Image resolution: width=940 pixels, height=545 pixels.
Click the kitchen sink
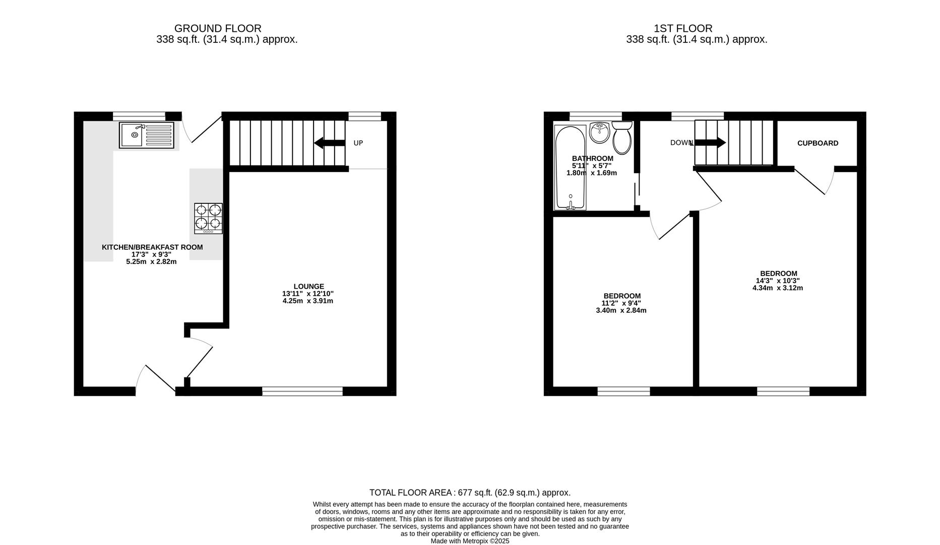(x=146, y=135)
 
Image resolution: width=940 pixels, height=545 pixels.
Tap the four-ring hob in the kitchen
(x=208, y=218)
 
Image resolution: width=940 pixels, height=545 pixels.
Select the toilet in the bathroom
(x=622, y=138)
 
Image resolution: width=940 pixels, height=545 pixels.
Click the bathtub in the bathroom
(x=570, y=167)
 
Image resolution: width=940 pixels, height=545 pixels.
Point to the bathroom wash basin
(x=599, y=133)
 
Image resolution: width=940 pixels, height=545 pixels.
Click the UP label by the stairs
(x=358, y=143)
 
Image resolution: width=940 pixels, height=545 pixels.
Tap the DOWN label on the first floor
(x=681, y=143)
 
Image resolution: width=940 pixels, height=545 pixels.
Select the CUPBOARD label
(x=818, y=143)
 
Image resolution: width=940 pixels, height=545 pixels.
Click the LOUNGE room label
(x=308, y=286)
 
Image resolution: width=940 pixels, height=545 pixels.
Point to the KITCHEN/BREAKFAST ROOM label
(x=152, y=247)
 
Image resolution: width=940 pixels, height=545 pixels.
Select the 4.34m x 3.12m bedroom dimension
(x=777, y=288)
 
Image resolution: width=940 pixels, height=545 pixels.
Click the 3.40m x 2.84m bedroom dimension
(x=621, y=310)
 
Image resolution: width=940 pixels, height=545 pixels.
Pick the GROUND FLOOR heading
(x=218, y=29)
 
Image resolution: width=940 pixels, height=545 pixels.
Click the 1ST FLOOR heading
(x=683, y=29)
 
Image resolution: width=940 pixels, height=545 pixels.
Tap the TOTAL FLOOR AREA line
(x=470, y=493)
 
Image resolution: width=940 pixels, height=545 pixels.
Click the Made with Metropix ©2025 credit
(x=470, y=541)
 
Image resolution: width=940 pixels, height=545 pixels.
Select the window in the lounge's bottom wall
(x=302, y=391)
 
